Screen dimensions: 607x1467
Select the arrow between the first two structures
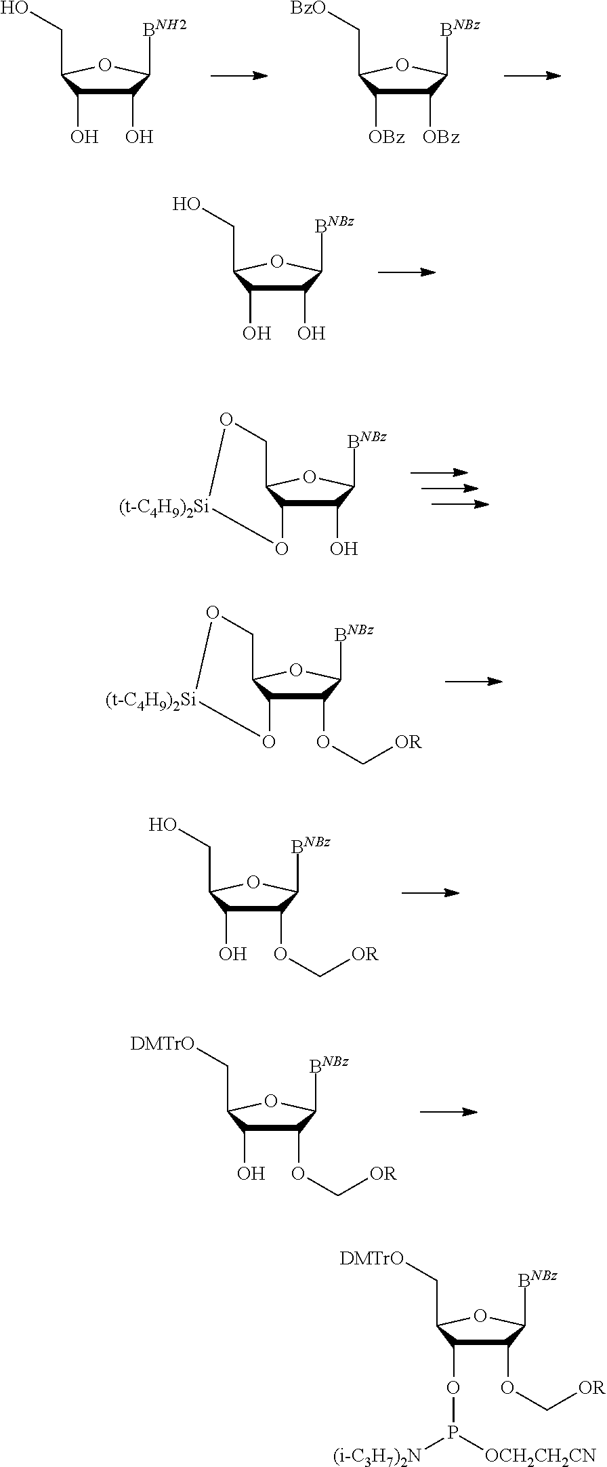239,75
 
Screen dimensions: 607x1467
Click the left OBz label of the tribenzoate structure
386,138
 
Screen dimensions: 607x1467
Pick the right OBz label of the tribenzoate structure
441,138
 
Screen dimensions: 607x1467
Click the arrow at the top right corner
532,75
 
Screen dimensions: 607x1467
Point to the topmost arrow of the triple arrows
440,472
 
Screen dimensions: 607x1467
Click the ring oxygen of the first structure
105,65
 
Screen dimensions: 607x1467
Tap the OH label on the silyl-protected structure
343,548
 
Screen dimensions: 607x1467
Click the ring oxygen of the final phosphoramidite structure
480,1316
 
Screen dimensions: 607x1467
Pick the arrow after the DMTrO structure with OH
449,1112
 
